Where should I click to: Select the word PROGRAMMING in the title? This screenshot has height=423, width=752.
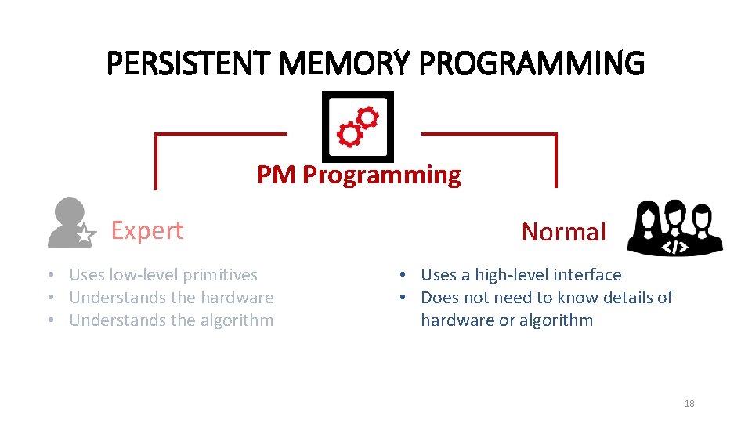532,63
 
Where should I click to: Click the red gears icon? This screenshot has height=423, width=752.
358,127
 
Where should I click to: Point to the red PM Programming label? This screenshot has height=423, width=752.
359,175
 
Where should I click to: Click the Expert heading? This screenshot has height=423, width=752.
147,230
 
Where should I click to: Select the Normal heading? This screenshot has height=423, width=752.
564,232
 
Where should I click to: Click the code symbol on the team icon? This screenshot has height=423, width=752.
675,246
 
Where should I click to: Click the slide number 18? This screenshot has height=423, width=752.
689,403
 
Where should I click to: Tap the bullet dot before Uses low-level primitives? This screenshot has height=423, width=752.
49,275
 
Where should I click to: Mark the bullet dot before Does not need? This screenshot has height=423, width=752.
400,298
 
